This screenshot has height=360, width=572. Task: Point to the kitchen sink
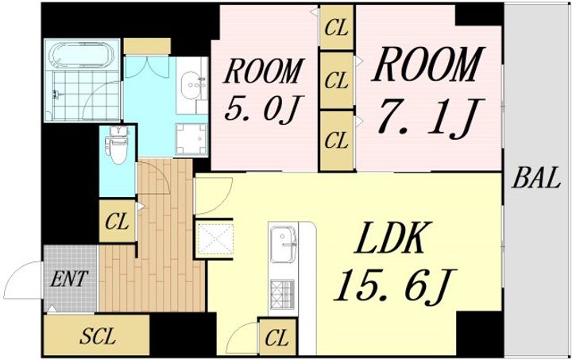point(283,244)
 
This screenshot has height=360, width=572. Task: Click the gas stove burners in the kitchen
point(282,293)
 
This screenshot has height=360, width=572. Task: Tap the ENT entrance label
point(69,279)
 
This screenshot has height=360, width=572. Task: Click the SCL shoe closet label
point(98,336)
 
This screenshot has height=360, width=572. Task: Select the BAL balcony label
point(536,178)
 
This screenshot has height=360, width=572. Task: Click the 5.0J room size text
point(261,108)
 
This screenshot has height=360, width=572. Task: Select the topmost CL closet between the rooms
point(337,27)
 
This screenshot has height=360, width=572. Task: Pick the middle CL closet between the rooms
point(337,80)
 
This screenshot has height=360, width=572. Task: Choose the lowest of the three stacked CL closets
point(337,141)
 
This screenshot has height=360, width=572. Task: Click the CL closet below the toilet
point(117,221)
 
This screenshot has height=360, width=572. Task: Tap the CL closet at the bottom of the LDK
point(277,338)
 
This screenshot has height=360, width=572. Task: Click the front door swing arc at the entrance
point(21,280)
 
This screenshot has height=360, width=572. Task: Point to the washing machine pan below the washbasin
point(191,139)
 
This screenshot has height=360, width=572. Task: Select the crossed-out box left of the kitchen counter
point(214,239)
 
